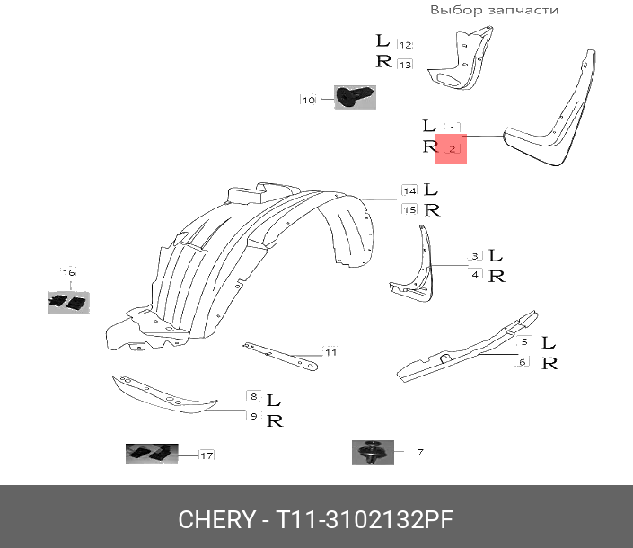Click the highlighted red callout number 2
452,148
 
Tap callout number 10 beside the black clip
308,100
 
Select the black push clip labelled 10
355,97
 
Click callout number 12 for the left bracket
404,44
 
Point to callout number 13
404,64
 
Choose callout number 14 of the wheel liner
409,190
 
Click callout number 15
409,209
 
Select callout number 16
68,271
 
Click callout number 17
206,455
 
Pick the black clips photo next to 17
151,454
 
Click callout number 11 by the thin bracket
330,352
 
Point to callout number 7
419,452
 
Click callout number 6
521,362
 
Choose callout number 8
254,396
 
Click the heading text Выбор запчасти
494,10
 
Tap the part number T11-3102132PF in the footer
364,519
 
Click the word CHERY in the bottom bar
216,519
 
